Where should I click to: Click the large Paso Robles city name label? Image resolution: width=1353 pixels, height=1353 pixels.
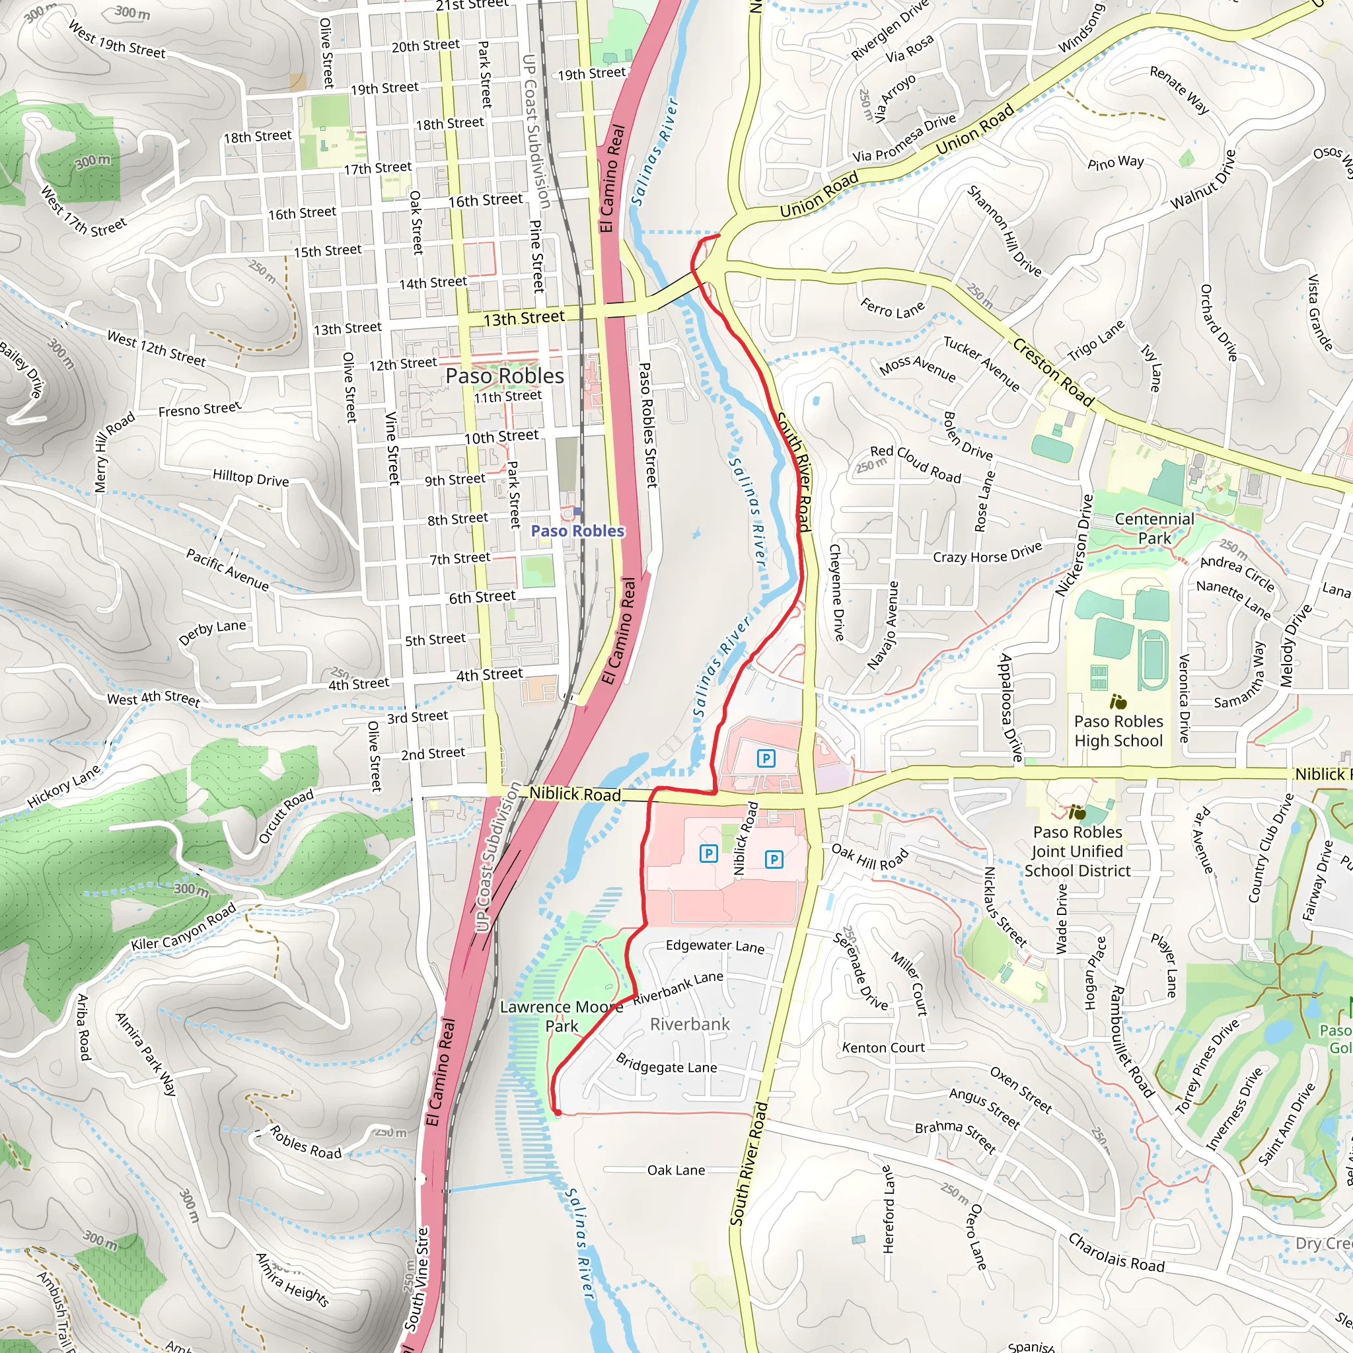coord(504,376)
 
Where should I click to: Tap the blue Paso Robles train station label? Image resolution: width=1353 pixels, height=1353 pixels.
coord(577,531)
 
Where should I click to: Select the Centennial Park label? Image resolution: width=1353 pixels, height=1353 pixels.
coord(1154,528)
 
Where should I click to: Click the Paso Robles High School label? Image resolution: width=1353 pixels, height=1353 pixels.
coord(1118,731)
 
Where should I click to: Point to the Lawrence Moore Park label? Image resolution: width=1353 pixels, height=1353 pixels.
coord(561,1016)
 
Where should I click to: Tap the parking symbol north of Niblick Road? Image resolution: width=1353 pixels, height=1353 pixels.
coord(766,758)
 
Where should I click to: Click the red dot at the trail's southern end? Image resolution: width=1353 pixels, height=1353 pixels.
coord(558,1112)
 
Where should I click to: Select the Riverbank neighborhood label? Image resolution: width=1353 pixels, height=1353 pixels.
coord(690,1025)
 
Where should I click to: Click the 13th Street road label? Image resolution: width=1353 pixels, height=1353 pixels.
coord(524,318)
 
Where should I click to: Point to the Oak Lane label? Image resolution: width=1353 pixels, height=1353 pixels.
coord(676,1170)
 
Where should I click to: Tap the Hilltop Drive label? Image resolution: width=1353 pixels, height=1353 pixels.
coord(250,479)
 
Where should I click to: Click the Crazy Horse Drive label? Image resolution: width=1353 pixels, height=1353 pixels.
coord(987,553)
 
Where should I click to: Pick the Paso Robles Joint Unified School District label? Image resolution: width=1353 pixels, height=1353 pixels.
coord(1077,851)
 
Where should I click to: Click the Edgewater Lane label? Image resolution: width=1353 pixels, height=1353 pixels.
coord(714,946)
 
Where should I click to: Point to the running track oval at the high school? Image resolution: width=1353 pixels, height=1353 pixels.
coord(1152,659)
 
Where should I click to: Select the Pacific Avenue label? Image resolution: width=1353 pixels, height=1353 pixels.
coord(227,569)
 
